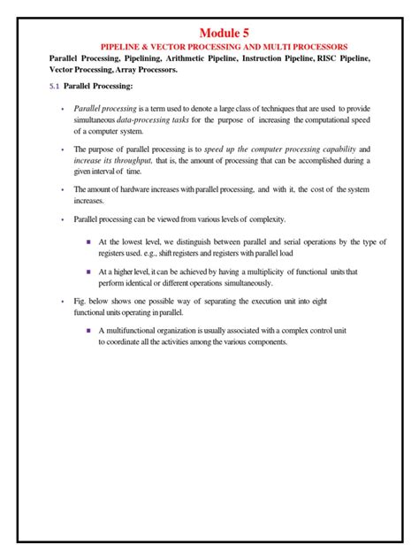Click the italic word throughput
[132, 159]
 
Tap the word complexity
[264, 219]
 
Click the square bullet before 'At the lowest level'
[89, 241]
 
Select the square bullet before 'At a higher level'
[89, 271]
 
